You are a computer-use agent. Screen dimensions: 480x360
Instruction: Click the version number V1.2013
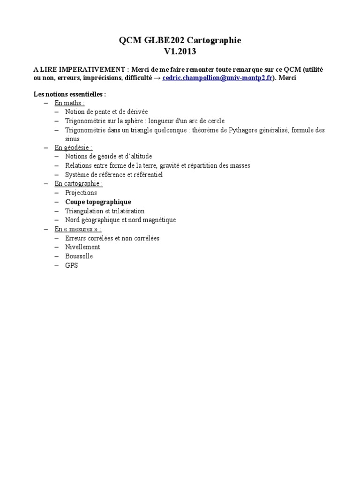pos(180,52)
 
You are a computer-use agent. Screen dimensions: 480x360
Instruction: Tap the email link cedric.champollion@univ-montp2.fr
pos(217,78)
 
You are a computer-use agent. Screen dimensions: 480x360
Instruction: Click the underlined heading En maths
pos(69,103)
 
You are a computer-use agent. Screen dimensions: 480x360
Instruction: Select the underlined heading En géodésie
pos(73,148)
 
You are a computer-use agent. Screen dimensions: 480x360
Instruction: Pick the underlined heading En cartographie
pos(78,184)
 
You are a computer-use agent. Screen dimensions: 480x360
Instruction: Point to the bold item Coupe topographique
pos(98,202)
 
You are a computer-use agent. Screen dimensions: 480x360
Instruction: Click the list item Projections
pos(81,193)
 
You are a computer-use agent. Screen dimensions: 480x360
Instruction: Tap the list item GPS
pos(72,265)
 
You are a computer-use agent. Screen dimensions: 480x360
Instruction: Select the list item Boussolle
pos(79,256)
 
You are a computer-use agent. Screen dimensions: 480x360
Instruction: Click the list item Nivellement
pos(82,247)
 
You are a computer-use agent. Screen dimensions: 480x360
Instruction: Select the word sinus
pos(73,139)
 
